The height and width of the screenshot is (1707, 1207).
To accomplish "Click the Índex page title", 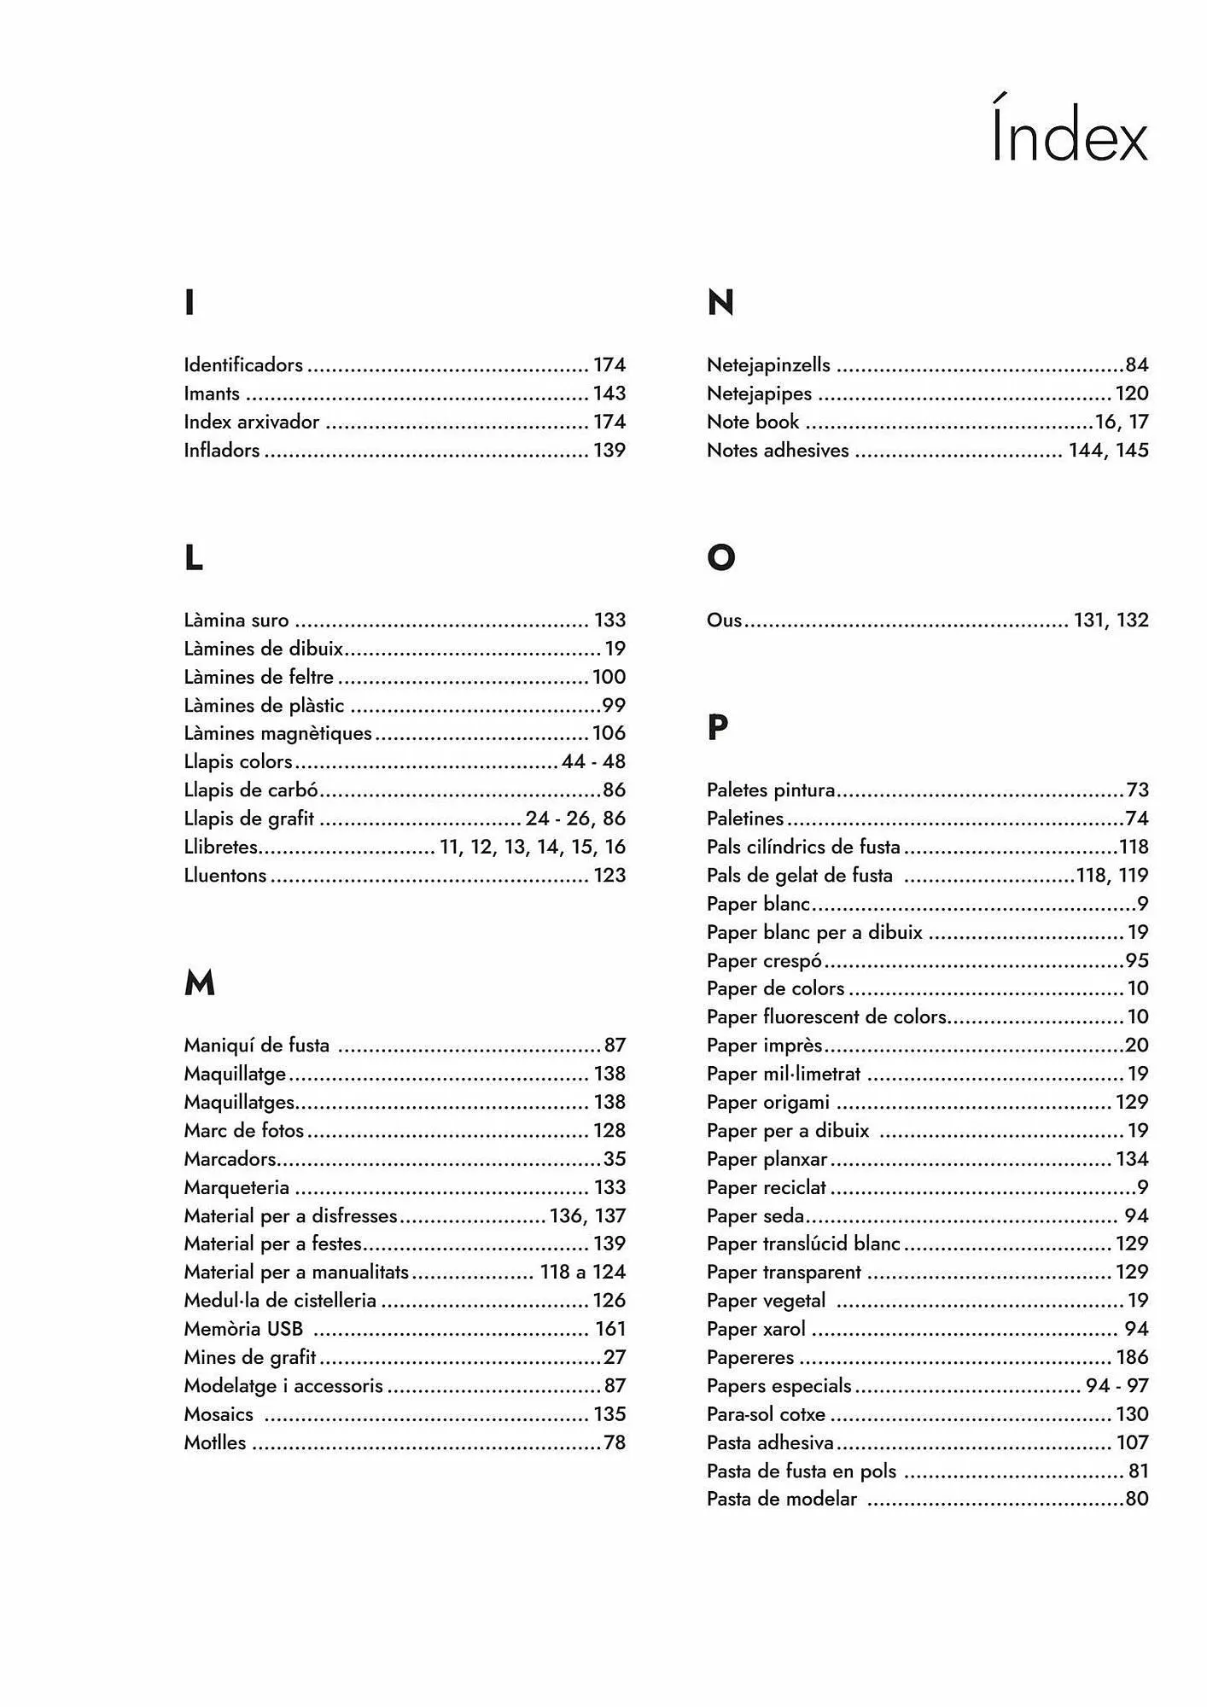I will click(1069, 132).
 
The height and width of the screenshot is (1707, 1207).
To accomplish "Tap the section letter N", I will click(720, 302).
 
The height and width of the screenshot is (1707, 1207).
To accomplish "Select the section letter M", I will click(199, 983).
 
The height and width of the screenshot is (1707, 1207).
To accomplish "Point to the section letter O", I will click(720, 557).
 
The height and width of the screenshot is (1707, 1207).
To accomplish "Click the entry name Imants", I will click(212, 393).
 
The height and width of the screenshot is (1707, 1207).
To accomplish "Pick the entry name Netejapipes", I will click(759, 393).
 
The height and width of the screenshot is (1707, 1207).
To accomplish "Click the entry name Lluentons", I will click(225, 875).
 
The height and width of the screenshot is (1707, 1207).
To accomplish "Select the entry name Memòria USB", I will click(243, 1329).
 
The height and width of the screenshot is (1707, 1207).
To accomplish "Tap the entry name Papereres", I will click(750, 1357).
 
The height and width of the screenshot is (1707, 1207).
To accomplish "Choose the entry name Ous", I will click(724, 620).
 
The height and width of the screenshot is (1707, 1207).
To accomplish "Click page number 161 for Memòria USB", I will click(610, 1329).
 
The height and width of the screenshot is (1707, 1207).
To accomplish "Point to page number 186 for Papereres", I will click(1132, 1357).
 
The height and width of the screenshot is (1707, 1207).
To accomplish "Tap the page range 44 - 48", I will click(593, 761).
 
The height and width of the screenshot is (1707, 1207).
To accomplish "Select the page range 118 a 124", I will click(583, 1272).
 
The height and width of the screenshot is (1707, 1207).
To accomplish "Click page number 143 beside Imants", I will click(609, 393).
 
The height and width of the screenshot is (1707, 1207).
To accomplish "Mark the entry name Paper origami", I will click(768, 1102).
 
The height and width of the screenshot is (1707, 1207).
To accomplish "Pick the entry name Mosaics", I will click(219, 1414).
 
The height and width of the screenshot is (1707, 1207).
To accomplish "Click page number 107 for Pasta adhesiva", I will click(1132, 1442).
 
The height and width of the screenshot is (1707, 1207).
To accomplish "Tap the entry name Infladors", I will click(222, 450).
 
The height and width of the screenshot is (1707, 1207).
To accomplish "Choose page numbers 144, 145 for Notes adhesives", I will click(1108, 450).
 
